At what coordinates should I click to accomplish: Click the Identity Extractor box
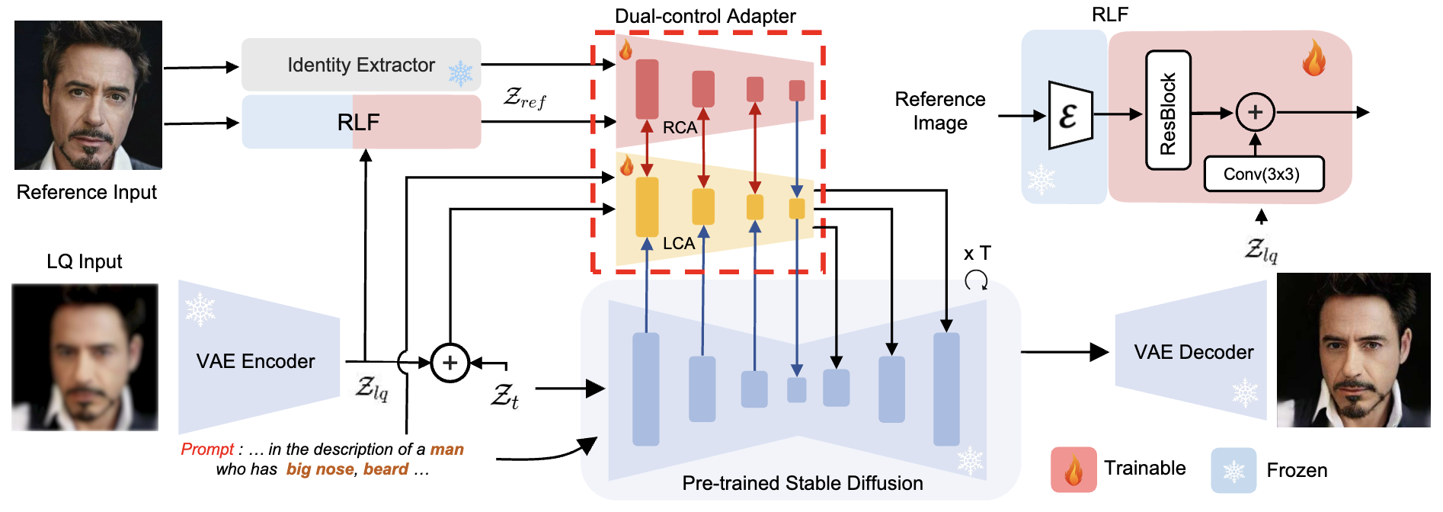pos(361,65)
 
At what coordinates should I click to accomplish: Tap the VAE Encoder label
pos(255,361)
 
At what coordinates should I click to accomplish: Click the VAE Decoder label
pos(1193,352)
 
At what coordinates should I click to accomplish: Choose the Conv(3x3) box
pos(1262,174)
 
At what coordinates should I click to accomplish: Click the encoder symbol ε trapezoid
pos(1070,116)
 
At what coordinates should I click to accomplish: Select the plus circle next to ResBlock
pos(1255,113)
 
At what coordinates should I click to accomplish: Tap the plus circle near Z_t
pos(450,363)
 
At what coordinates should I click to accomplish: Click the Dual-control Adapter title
pos(705,16)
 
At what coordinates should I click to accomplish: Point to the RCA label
pos(680,128)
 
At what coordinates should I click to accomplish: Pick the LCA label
pos(678,244)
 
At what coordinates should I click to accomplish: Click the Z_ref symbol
pos(524,98)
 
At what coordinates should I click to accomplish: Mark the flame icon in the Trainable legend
pos(1073,469)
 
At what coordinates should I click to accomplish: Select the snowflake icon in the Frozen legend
pos(1233,470)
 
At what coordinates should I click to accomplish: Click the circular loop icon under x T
pos(976,280)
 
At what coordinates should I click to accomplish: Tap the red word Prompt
pos(206,450)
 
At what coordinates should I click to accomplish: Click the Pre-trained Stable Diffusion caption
pos(802,483)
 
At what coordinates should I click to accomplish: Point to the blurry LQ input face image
pos(85,357)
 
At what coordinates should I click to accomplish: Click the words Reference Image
pos(939,111)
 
